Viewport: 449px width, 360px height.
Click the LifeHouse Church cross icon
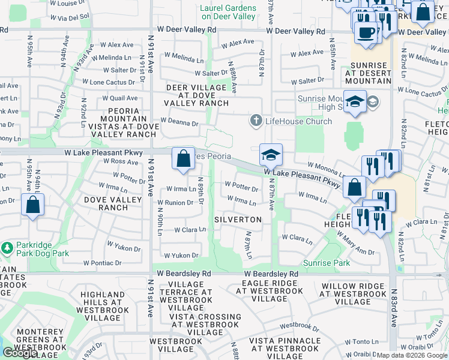tap(256, 121)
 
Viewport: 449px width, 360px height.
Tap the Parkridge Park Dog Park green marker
tap(7, 247)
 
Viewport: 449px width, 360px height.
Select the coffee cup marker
tap(366, 32)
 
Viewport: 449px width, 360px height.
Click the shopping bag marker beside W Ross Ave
tap(183, 159)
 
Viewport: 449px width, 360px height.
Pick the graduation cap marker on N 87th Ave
tap(271, 155)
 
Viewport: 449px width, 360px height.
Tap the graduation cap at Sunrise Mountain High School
tap(355, 101)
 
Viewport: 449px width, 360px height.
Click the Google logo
tap(20, 353)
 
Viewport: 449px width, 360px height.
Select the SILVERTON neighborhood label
tap(238, 220)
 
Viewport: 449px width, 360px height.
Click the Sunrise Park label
tap(326, 263)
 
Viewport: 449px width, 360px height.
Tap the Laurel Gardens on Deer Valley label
tap(228, 13)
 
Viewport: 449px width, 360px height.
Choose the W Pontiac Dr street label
tap(103, 263)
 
